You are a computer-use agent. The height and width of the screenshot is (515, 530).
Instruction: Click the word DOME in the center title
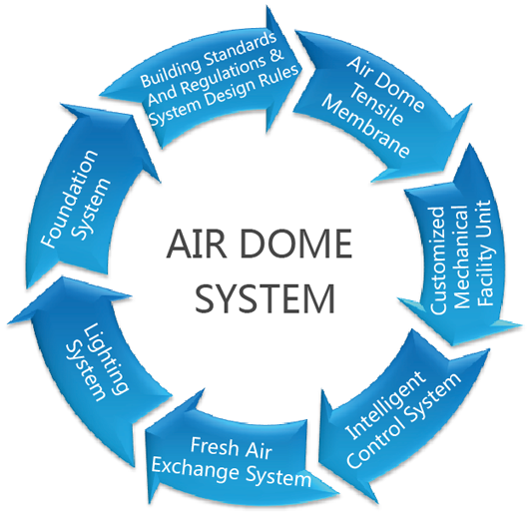coord(296,244)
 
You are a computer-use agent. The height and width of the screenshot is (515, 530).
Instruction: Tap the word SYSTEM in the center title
coord(265,298)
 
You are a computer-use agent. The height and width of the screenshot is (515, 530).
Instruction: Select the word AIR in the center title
coord(197,244)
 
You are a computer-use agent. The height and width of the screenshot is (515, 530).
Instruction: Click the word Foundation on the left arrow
coord(70,199)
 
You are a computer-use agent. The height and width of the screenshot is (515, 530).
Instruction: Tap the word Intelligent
coord(384,405)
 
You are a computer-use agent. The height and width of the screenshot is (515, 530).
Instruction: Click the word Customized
coord(437,260)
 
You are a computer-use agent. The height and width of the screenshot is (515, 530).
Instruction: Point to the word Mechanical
coord(462,257)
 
